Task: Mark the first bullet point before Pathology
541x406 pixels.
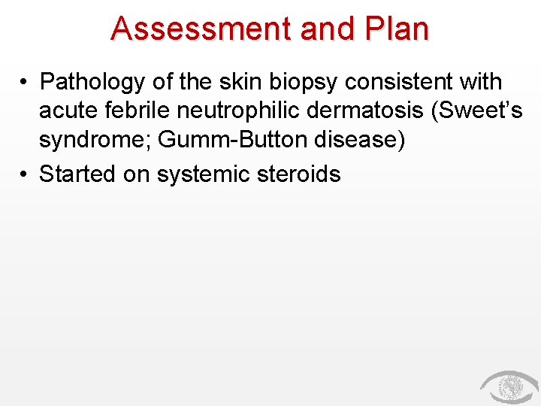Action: [x=25, y=82]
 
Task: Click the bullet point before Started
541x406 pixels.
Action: [x=25, y=174]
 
